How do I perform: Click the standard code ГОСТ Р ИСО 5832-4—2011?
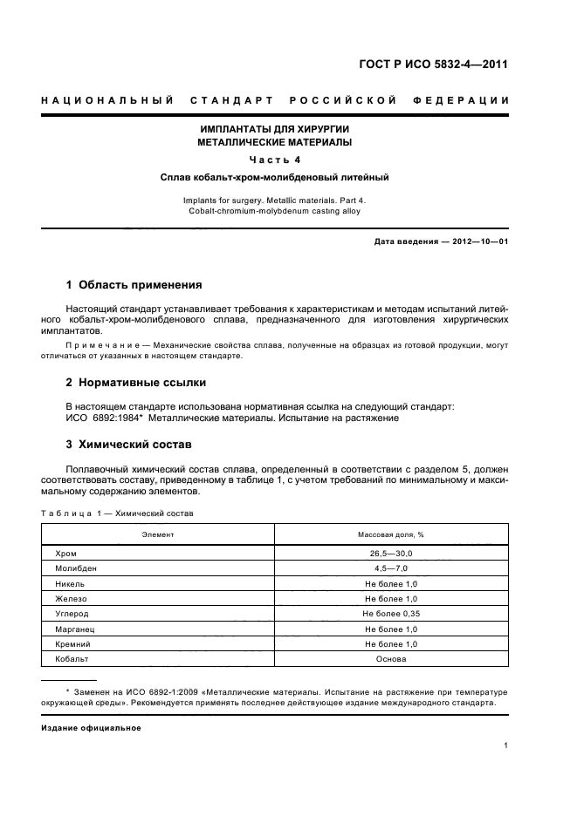[x=433, y=65]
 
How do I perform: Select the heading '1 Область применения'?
[x=134, y=285]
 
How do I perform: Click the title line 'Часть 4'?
[x=275, y=159]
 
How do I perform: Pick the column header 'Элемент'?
[x=158, y=534]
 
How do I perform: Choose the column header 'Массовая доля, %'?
[x=390, y=534]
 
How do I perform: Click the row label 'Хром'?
[x=65, y=554]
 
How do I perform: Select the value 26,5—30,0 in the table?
[x=390, y=554]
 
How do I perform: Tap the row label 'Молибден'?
[x=74, y=568]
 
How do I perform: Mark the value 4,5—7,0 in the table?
[x=390, y=568]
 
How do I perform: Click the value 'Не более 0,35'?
[x=390, y=614]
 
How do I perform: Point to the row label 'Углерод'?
[x=72, y=614]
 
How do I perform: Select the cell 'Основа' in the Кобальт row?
[x=390, y=659]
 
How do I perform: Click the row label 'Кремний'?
[x=73, y=644]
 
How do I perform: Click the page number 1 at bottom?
[x=506, y=745]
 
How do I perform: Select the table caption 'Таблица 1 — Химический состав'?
[x=117, y=513]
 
